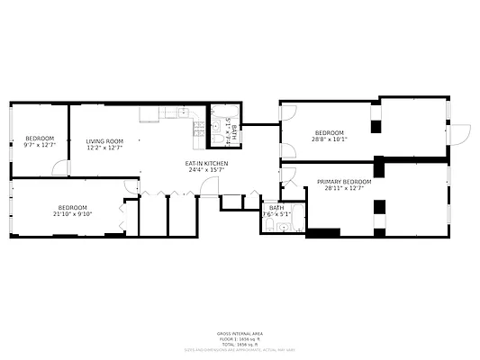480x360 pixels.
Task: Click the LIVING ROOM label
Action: (x=104, y=141)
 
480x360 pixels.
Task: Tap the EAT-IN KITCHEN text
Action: (x=207, y=163)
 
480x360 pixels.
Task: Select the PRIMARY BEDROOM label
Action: (x=344, y=181)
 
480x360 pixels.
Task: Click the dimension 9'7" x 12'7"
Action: (x=40, y=146)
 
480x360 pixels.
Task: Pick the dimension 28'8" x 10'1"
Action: (x=330, y=139)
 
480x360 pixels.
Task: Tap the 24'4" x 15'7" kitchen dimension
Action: (x=207, y=170)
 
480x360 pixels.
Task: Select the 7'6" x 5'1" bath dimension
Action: (x=276, y=214)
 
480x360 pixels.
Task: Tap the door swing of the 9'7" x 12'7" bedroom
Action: (x=60, y=168)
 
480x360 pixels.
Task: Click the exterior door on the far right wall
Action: (x=460, y=133)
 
